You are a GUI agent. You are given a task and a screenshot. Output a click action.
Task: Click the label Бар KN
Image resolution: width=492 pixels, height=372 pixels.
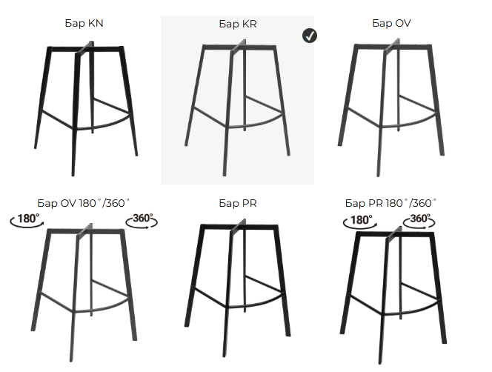(84, 23)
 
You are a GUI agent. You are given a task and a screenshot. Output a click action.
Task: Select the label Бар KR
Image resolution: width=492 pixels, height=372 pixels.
(238, 24)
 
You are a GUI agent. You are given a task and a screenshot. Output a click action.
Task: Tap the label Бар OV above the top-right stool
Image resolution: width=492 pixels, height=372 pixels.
(391, 23)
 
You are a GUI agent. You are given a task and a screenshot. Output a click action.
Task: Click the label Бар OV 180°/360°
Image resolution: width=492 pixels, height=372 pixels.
(84, 203)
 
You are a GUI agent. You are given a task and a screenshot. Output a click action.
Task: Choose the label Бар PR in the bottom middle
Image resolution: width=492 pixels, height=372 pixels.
(238, 203)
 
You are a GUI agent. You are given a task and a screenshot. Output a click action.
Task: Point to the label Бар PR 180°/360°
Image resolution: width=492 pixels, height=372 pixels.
(390, 203)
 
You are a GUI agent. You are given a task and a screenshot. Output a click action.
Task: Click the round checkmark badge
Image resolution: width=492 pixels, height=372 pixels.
(310, 36)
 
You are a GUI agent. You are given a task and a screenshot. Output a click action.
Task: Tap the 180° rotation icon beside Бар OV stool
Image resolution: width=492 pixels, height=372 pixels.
(27, 219)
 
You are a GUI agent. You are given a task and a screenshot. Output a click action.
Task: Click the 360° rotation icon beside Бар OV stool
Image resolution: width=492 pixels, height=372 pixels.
(142, 220)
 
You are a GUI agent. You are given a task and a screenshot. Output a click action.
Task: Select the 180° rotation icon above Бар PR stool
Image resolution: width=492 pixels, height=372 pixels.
(360, 222)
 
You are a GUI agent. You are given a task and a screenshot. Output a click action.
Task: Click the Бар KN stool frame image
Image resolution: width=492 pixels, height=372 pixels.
(86, 109)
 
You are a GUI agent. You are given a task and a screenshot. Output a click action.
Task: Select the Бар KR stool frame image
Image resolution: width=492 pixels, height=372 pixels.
(237, 107)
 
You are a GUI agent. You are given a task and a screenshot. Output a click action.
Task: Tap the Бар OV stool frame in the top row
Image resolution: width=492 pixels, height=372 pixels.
(391, 107)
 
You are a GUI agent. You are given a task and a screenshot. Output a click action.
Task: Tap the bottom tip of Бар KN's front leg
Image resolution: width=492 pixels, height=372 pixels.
(73, 175)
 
